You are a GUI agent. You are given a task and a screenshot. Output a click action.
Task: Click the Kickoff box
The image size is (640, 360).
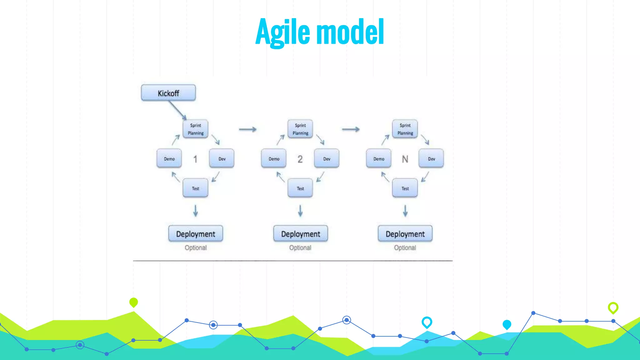[x=168, y=93]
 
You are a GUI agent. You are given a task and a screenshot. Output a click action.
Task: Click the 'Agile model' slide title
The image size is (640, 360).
[x=320, y=32]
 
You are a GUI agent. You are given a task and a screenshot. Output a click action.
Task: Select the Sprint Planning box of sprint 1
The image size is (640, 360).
[x=196, y=129]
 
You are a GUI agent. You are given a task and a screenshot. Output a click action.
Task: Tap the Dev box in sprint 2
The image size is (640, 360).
[x=327, y=159]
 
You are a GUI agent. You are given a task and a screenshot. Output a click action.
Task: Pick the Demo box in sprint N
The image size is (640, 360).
[x=379, y=159]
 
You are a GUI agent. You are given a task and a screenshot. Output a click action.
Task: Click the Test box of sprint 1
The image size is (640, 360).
[x=196, y=188]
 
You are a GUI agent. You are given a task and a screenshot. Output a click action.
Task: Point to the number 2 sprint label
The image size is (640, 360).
[x=300, y=159]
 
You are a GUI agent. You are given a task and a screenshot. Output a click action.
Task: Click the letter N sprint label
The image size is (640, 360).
[x=405, y=159]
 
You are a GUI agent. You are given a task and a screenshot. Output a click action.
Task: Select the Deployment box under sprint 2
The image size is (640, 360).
[x=300, y=234]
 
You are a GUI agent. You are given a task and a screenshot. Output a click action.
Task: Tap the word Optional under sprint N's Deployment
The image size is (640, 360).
[x=405, y=247]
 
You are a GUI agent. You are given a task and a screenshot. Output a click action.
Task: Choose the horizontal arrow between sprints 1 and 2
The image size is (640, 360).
[x=247, y=129]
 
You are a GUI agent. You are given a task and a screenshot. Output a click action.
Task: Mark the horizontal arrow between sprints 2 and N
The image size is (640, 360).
[x=351, y=129]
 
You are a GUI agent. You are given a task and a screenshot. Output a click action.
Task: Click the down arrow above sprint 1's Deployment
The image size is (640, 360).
[x=196, y=211]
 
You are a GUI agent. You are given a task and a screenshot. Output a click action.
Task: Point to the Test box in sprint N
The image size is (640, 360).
[x=405, y=188]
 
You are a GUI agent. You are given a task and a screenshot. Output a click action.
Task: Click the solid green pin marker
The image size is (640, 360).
[x=133, y=302]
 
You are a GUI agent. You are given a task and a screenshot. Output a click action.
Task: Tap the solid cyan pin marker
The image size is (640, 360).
[x=507, y=324]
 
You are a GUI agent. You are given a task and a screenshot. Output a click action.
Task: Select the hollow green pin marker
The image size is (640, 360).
[x=613, y=307]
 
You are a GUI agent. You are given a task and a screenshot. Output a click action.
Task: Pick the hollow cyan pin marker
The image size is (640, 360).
[x=427, y=322]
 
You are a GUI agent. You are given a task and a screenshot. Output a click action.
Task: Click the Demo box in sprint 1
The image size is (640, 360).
[x=169, y=159]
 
